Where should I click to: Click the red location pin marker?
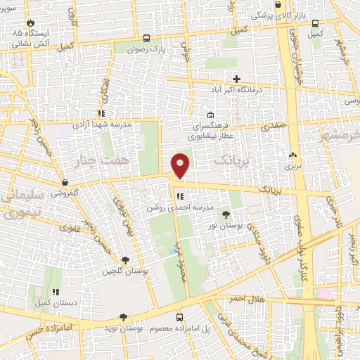(x=181, y=165)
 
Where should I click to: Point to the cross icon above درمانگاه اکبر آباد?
(x=236, y=78)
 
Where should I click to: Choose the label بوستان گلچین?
(x=120, y=271)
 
